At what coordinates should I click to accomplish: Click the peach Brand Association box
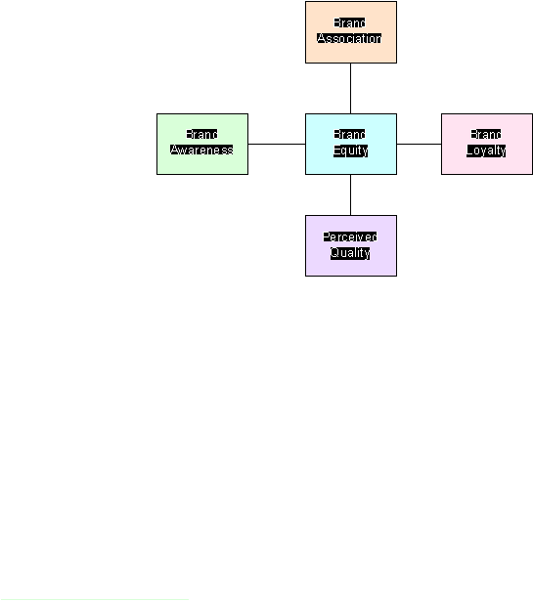[x=351, y=32]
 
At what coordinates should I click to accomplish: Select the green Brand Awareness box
[x=202, y=144]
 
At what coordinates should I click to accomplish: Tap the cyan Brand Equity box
[x=351, y=144]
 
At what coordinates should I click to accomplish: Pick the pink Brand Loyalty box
[x=487, y=144]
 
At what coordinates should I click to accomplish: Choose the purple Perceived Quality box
[x=351, y=245]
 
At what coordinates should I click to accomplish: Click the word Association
[x=349, y=38]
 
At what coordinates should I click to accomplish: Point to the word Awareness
[x=201, y=150]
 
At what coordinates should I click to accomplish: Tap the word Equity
[x=350, y=150]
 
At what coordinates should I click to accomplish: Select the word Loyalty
[x=486, y=150]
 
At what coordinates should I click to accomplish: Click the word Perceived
[x=350, y=236]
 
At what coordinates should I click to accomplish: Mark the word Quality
[x=350, y=253]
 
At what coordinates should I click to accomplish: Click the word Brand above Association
[x=349, y=23]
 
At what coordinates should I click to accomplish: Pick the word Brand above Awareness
[x=201, y=134]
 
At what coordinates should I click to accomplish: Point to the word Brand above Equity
[x=349, y=134]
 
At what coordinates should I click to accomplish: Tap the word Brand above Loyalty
[x=486, y=134]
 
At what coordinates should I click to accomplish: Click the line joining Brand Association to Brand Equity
[x=350, y=88]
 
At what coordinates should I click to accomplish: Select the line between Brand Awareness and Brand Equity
[x=277, y=144]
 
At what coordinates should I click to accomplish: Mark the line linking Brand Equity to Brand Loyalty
[x=420, y=144]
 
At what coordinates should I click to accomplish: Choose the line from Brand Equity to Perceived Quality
[x=350, y=194]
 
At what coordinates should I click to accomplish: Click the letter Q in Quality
[x=334, y=252]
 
